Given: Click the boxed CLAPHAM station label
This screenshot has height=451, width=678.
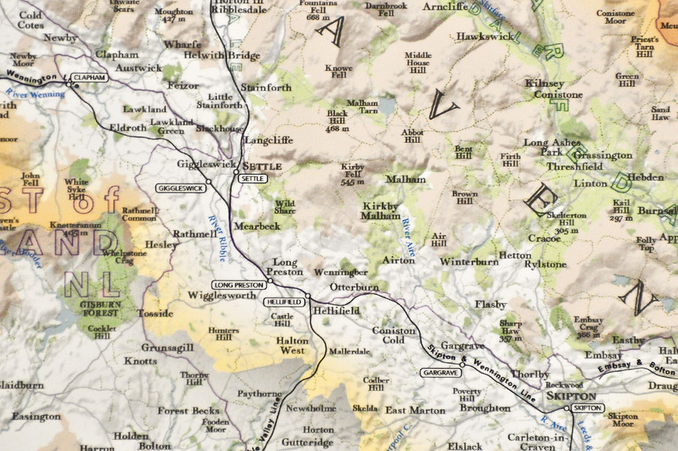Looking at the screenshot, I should coord(90,77).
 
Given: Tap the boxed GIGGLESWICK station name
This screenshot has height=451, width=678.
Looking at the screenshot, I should coord(181,188).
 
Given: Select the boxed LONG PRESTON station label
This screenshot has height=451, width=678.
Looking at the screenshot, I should coord(239,285).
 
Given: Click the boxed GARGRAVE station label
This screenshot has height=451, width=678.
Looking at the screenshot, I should coord(440,372).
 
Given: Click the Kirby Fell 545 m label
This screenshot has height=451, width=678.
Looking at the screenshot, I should coord(352,174).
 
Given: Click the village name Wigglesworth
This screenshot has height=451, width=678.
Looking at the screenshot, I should coord(221,296).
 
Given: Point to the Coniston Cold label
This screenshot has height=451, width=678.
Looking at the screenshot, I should coord(394,335).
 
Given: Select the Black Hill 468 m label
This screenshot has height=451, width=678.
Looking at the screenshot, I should coord(338,119).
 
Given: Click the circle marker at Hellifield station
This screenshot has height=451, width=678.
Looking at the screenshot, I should coord(308,298).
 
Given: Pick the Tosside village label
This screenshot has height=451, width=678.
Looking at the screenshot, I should coord(156,314).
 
